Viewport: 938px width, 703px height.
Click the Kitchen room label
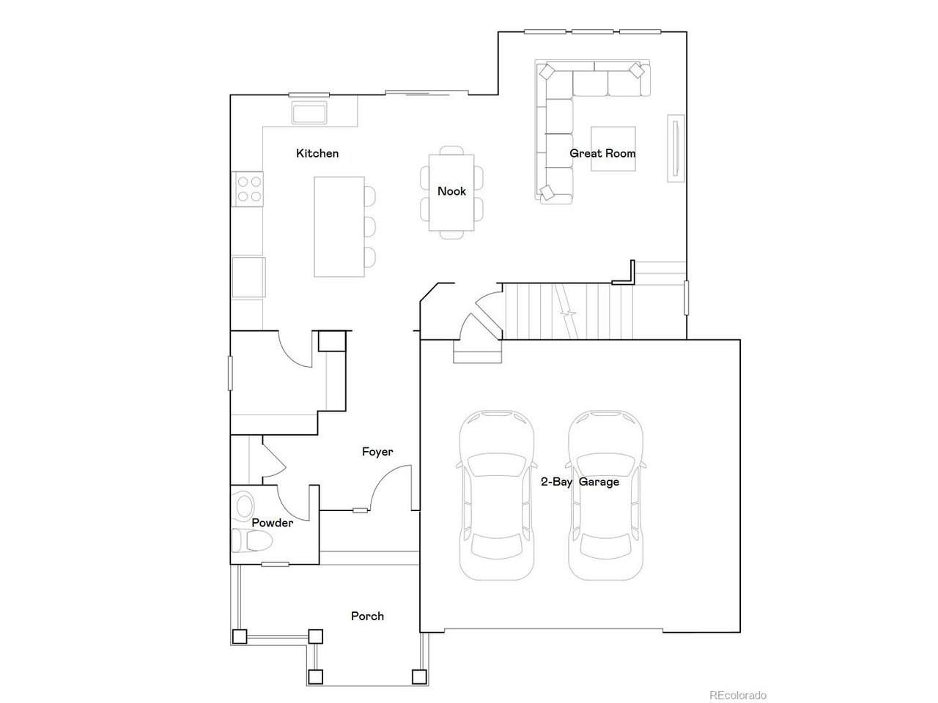tap(317, 153)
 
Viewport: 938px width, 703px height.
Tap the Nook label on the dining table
tap(451, 191)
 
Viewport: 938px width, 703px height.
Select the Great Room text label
tap(602, 153)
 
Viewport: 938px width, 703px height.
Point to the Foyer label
tap(377, 452)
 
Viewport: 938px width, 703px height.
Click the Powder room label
tap(272, 522)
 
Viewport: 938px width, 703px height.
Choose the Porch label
tap(367, 616)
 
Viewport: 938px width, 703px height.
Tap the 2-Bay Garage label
tap(580, 482)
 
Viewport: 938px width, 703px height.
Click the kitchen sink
tap(309, 113)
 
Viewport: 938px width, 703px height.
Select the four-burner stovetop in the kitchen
tap(248, 189)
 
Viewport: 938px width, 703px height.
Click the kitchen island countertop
tap(339, 227)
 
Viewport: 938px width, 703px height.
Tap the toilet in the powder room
tap(251, 541)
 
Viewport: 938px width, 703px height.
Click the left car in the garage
tap(496, 495)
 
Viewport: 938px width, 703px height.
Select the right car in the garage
tap(605, 495)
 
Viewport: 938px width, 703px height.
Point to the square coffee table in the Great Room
tap(613, 149)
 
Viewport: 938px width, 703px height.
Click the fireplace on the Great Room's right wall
tap(676, 149)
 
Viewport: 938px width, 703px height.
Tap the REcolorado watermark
tap(738, 696)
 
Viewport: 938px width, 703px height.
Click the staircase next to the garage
tap(566, 311)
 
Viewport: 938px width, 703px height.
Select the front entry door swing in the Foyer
tap(390, 488)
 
